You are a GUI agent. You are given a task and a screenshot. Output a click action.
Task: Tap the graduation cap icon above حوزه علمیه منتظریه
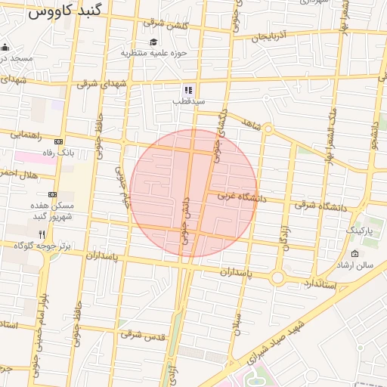pyautogui.click(x=153, y=42)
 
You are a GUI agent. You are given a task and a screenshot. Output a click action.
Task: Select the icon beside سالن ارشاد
pyautogui.click(x=356, y=253)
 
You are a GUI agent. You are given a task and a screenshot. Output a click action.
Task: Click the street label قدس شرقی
pyautogui.click(x=141, y=333)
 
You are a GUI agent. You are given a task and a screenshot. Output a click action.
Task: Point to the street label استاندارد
pyautogui.click(x=319, y=283)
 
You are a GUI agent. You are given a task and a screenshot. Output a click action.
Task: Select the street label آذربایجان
pyautogui.click(x=271, y=36)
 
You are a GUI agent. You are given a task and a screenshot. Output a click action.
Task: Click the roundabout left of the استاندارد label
pyautogui.click(x=277, y=278)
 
